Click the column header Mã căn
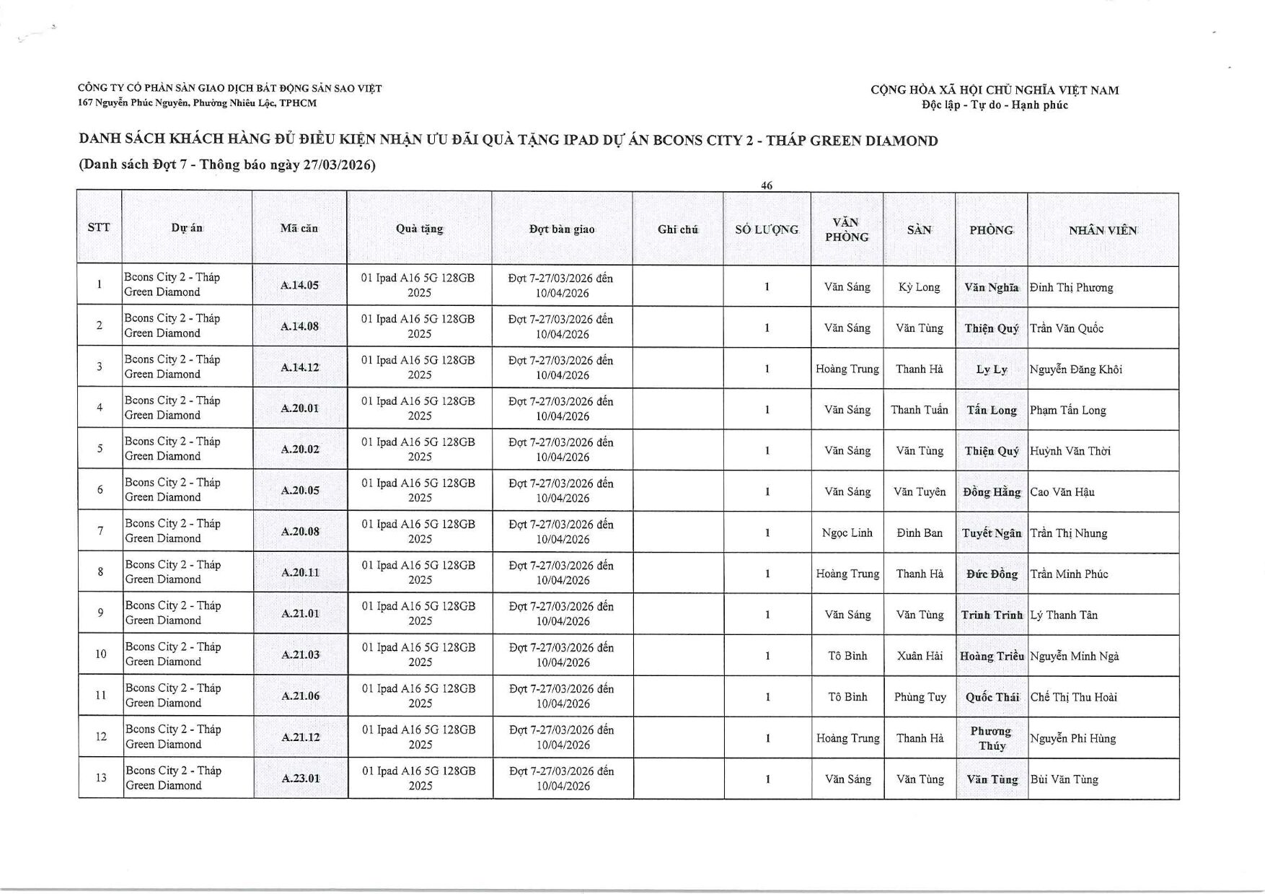(x=299, y=228)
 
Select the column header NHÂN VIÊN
(x=1102, y=230)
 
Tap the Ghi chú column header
(x=677, y=229)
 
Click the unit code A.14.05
(x=299, y=285)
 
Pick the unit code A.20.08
(x=300, y=532)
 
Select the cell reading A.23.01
(x=300, y=779)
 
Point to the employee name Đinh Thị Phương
(x=1071, y=287)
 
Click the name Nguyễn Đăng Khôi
(x=1075, y=369)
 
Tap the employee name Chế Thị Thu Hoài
(x=1073, y=697)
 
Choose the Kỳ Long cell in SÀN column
(x=919, y=286)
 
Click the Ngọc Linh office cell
(x=847, y=533)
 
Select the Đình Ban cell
(x=920, y=533)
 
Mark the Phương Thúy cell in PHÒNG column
(x=991, y=738)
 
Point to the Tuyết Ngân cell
(x=991, y=533)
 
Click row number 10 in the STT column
(x=100, y=654)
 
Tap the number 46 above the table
(x=767, y=185)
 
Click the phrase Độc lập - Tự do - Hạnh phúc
(x=995, y=105)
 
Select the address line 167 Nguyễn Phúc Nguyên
(x=197, y=103)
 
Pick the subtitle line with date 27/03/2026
(x=227, y=165)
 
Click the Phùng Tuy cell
(x=920, y=697)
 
